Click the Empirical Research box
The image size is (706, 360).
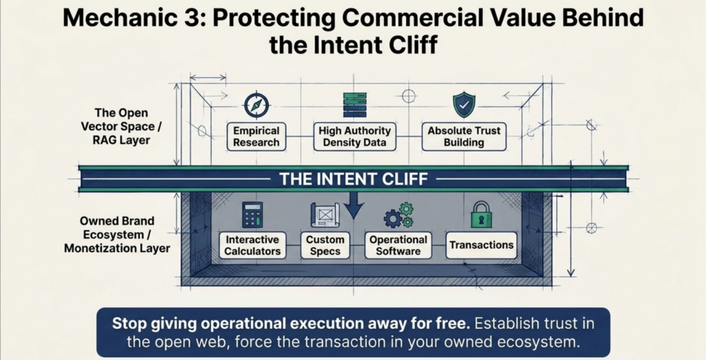click(x=256, y=137)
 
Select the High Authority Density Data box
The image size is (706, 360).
click(x=355, y=137)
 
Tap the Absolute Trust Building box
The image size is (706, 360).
click(x=464, y=137)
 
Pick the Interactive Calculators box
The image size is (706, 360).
click(x=252, y=245)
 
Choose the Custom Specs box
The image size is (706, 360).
click(x=325, y=245)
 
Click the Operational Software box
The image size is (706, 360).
click(x=398, y=245)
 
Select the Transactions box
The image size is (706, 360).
click(x=481, y=245)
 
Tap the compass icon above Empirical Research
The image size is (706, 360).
click(x=256, y=106)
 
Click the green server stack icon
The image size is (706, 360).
click(x=355, y=105)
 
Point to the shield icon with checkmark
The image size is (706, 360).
click(x=464, y=105)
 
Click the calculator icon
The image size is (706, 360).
click(x=252, y=214)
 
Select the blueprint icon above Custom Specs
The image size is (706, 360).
click(x=325, y=215)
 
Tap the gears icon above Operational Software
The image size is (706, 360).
click(x=399, y=215)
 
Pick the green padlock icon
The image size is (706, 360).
click(x=481, y=214)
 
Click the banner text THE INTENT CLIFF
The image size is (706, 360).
click(x=354, y=179)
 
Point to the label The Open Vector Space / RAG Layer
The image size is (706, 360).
click(x=121, y=126)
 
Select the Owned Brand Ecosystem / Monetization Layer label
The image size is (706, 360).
click(x=117, y=234)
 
